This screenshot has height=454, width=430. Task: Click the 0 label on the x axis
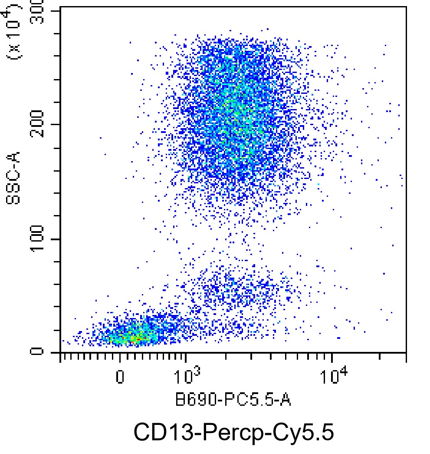[x=120, y=376]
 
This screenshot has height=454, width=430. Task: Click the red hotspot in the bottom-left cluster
[x=135, y=337]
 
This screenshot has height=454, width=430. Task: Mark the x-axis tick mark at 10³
[x=186, y=357]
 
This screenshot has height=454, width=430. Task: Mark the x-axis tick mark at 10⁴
[x=332, y=357]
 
